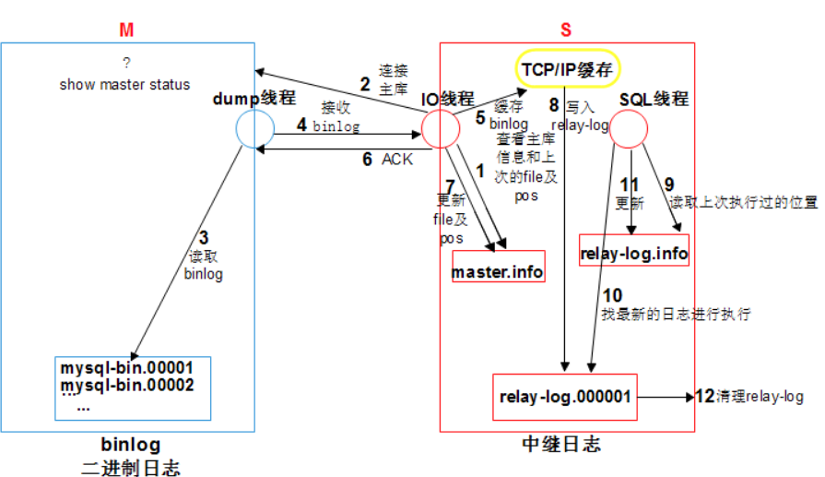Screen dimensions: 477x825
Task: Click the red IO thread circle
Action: click(440, 128)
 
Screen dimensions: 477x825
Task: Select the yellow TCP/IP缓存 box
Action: click(568, 67)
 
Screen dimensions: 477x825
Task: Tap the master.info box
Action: click(498, 271)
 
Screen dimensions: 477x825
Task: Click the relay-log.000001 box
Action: click(565, 397)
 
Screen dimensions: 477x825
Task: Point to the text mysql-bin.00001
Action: click(127, 367)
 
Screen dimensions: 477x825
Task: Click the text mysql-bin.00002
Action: click(127, 385)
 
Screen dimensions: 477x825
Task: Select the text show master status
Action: click(124, 84)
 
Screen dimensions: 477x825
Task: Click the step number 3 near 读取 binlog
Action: click(203, 237)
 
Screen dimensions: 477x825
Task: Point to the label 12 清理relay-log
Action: click(748, 397)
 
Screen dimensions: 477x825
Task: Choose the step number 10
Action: click(611, 295)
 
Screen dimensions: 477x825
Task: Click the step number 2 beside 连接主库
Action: click(365, 85)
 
